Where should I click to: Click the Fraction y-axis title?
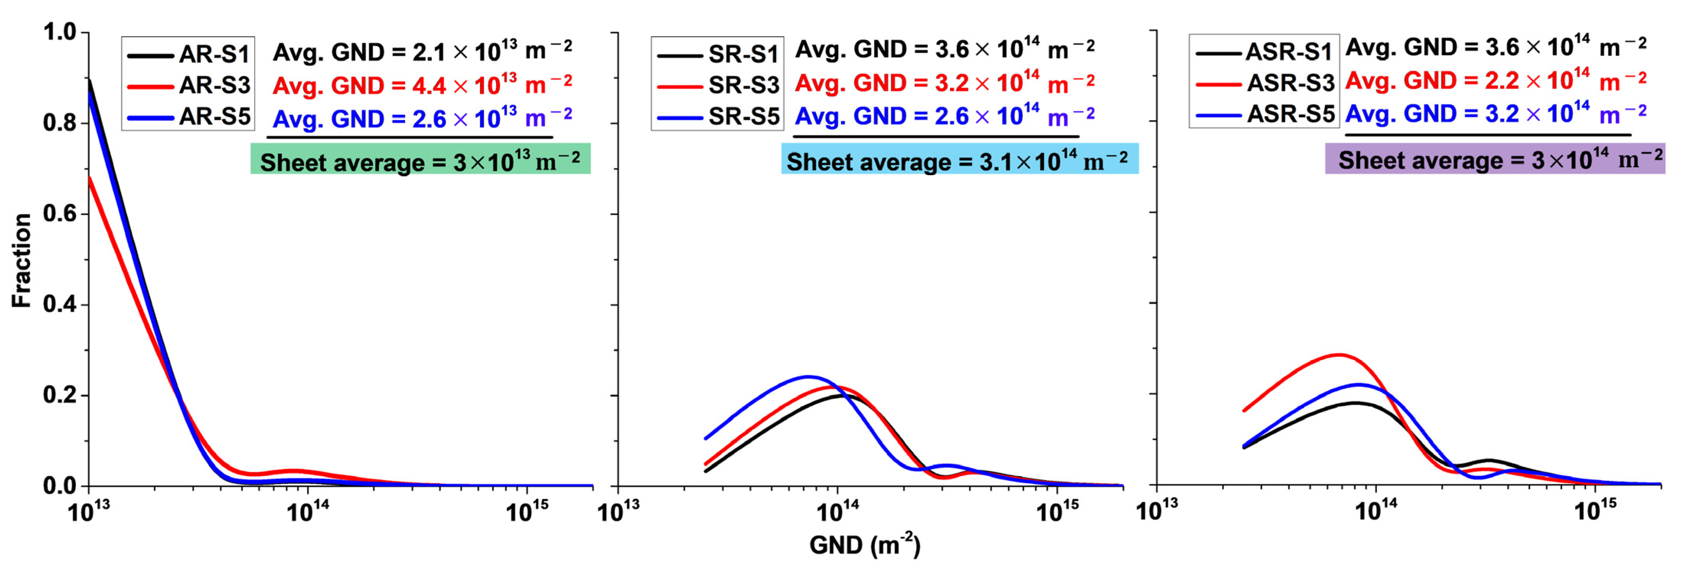coord(21,260)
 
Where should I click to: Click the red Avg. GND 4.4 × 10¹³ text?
coord(422,85)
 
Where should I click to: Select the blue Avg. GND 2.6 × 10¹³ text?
coord(422,118)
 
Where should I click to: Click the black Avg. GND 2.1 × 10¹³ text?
coord(422,51)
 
